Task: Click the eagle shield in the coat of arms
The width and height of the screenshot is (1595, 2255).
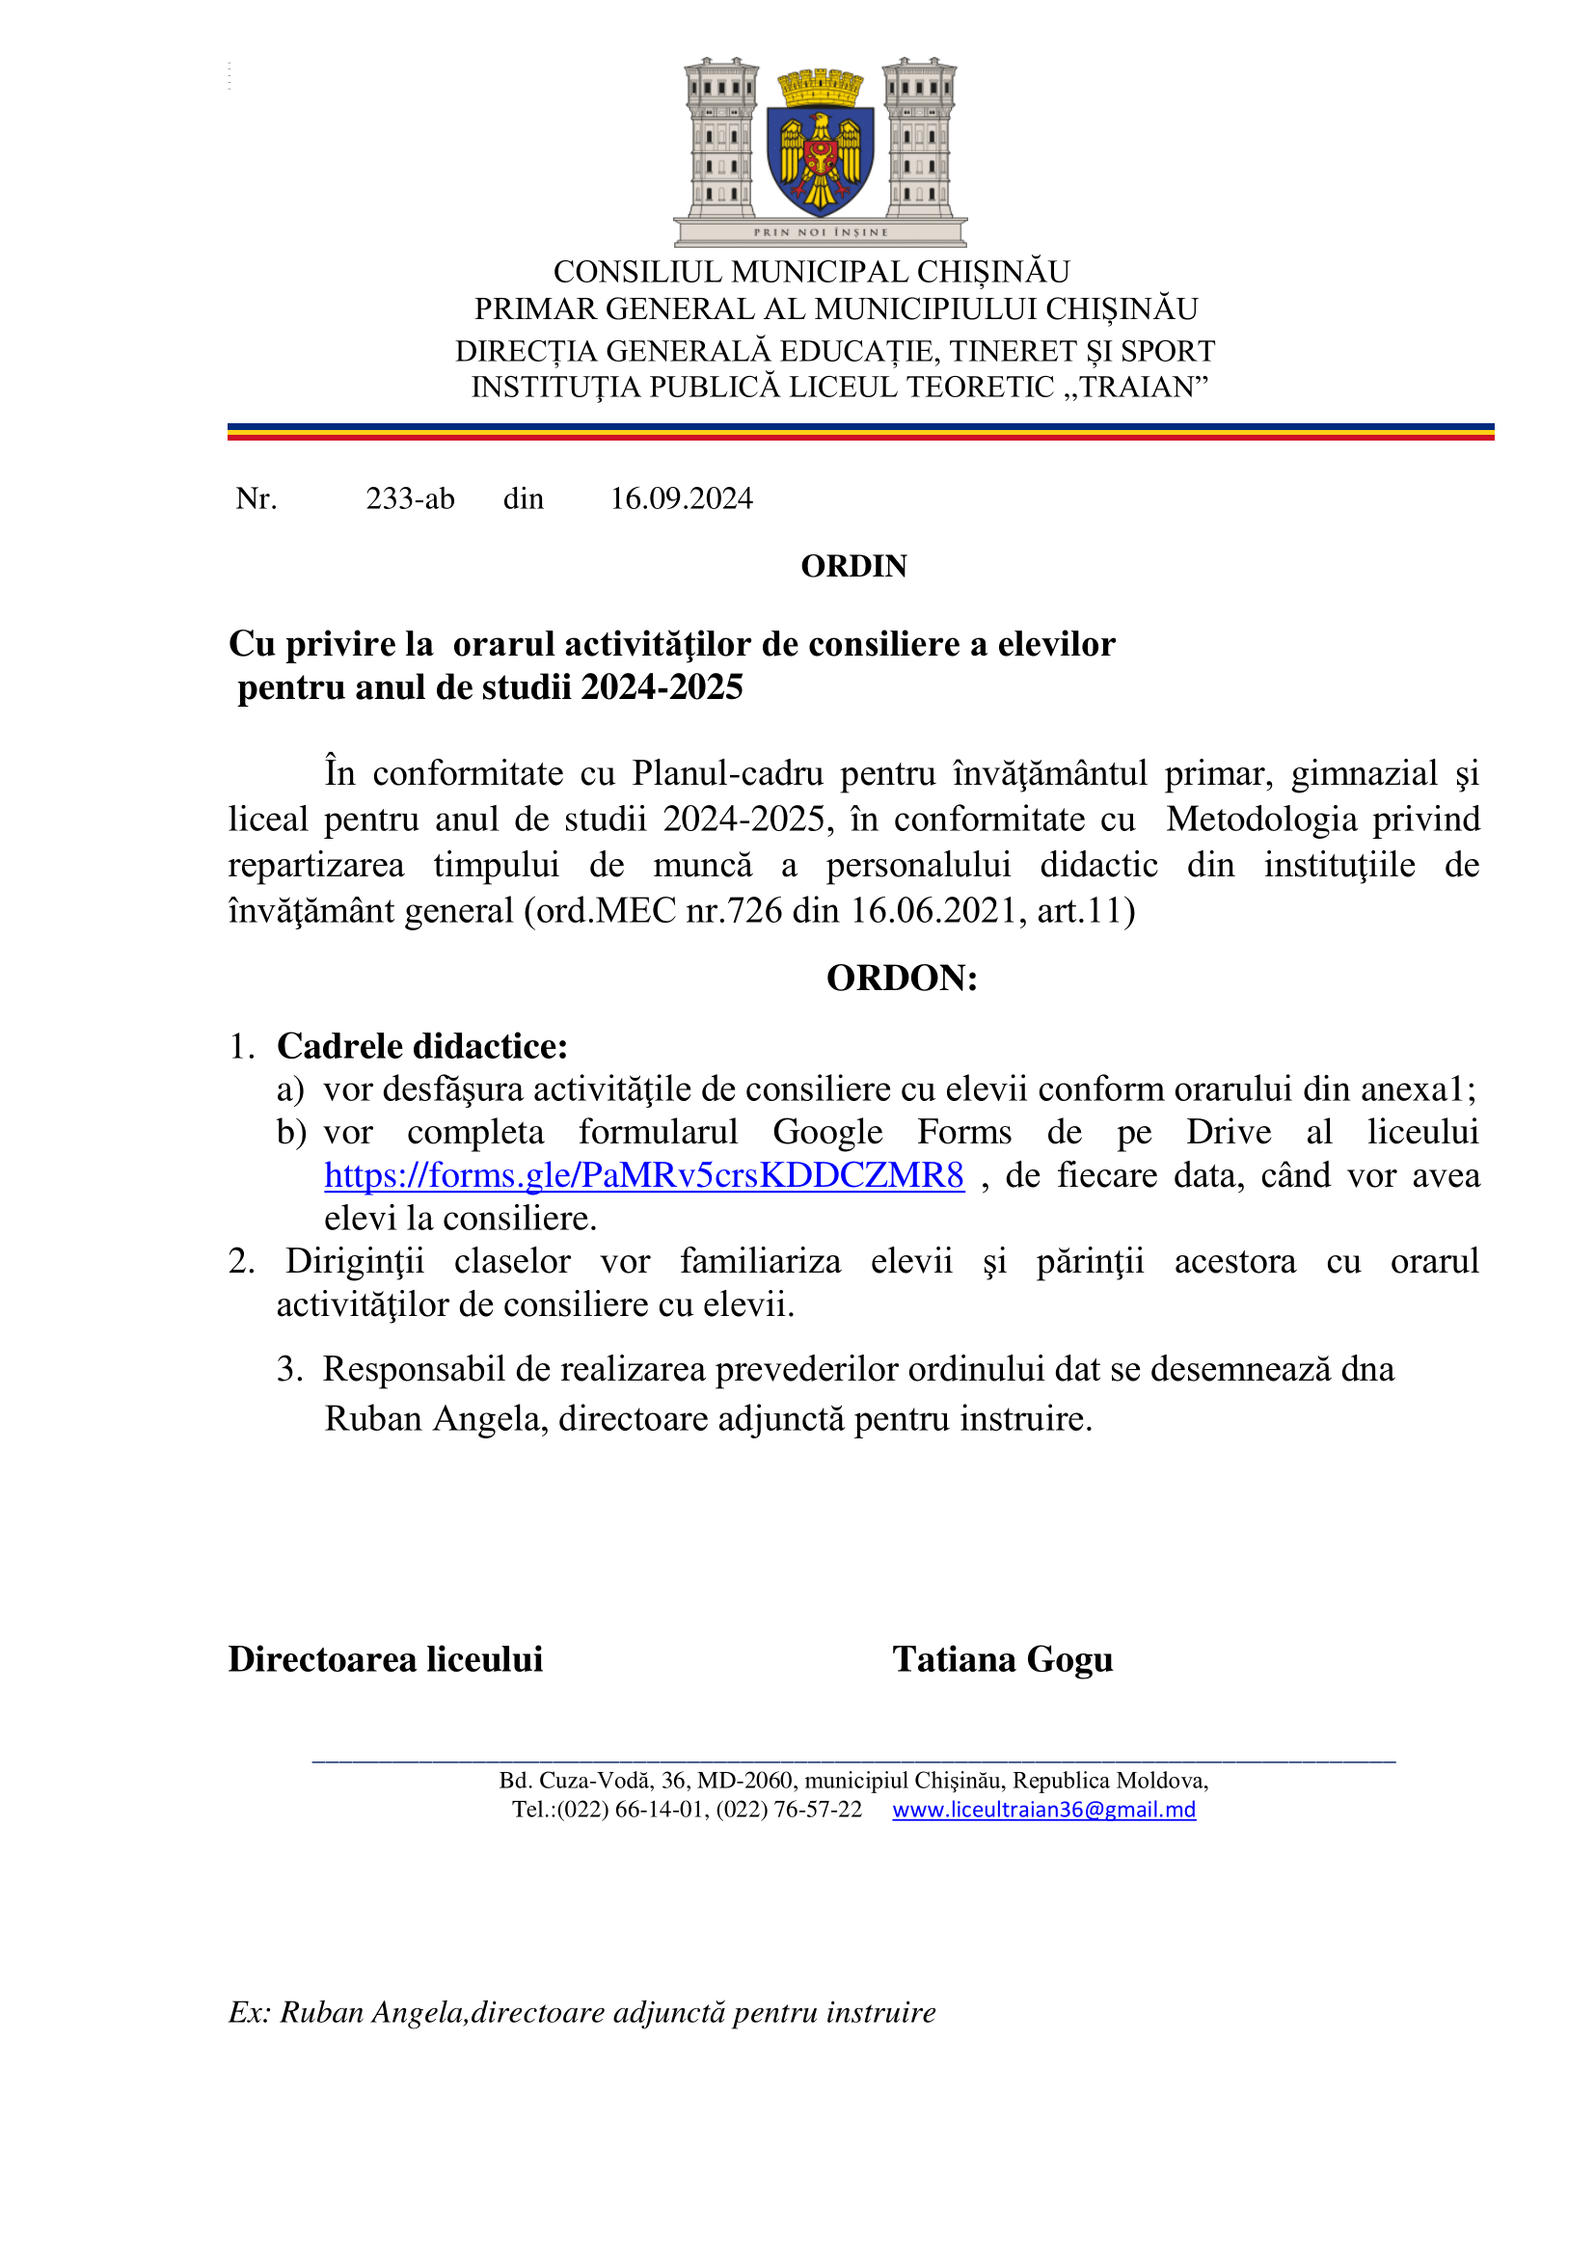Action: tap(819, 157)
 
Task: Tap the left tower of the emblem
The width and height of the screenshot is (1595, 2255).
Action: tap(721, 138)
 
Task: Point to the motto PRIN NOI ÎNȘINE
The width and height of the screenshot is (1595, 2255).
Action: tap(820, 232)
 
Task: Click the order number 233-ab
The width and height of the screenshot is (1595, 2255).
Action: tap(410, 499)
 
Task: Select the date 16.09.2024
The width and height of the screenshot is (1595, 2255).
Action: tap(682, 499)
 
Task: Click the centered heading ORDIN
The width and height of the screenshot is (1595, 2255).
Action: tap(853, 567)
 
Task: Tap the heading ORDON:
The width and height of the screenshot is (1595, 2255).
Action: tap(902, 979)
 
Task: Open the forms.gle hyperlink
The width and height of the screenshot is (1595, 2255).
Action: tap(643, 1175)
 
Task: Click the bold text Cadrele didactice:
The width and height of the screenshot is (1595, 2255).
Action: tap(422, 1046)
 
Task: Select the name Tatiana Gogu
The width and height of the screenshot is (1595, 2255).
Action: tap(1002, 1659)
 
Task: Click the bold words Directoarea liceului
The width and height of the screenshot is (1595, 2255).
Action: tap(385, 1659)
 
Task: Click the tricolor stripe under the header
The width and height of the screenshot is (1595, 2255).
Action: tap(860, 432)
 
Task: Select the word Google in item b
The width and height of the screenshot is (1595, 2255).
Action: tap(827, 1133)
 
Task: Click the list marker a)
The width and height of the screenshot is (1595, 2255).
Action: tap(289, 1089)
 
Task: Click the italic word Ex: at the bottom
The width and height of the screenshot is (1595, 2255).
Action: tap(250, 2012)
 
